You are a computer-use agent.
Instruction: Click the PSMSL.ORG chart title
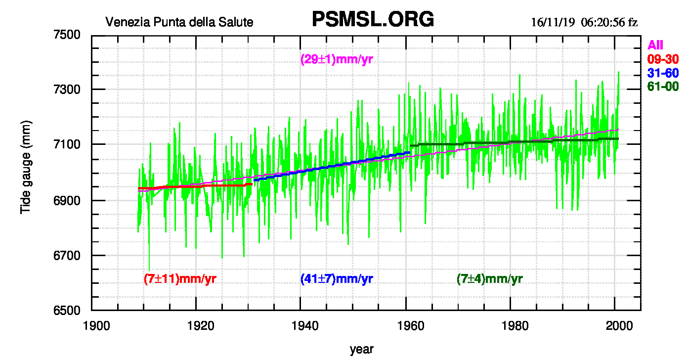[x=373, y=19]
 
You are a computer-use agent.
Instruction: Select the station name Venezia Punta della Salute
[x=179, y=22]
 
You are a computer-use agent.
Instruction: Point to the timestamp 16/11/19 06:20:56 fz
[x=584, y=23]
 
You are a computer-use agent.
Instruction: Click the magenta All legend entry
[x=655, y=45]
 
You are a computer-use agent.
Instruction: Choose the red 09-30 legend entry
[x=663, y=59]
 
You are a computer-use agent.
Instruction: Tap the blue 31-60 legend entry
[x=663, y=73]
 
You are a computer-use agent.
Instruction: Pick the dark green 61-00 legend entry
[x=663, y=87]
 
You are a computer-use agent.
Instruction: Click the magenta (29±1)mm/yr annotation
[x=337, y=60]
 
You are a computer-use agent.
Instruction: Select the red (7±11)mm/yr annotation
[x=180, y=278]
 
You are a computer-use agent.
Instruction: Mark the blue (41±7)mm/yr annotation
[x=337, y=279]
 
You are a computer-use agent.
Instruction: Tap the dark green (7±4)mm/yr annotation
[x=490, y=279]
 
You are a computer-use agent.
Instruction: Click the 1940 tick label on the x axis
[x=301, y=326]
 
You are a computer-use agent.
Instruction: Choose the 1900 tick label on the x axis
[x=92, y=326]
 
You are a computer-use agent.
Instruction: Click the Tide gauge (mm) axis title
[x=26, y=167]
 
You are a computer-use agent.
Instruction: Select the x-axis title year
[x=362, y=349]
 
